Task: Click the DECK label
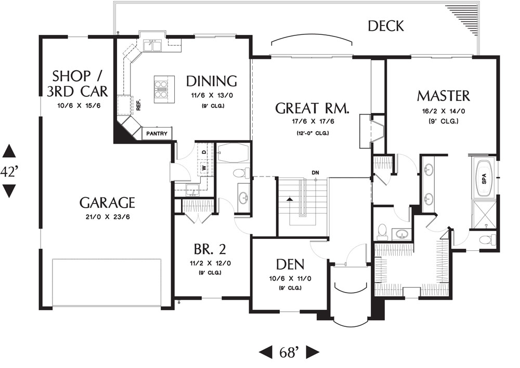[386, 26]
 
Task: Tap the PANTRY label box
[157, 134]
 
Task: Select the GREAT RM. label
[312, 108]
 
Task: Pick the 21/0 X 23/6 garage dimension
[108, 217]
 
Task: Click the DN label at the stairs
[316, 173]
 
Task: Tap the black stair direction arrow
[290, 199]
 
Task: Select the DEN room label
[290, 264]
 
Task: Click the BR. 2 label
[210, 249]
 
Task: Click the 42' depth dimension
[9, 172]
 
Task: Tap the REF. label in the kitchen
[138, 105]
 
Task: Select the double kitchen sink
[152, 45]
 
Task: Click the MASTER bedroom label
[444, 96]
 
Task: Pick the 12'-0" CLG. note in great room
[313, 133]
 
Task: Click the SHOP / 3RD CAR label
[77, 83]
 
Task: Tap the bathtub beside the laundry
[233, 153]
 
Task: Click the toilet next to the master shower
[488, 239]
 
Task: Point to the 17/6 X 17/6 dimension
[313, 121]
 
